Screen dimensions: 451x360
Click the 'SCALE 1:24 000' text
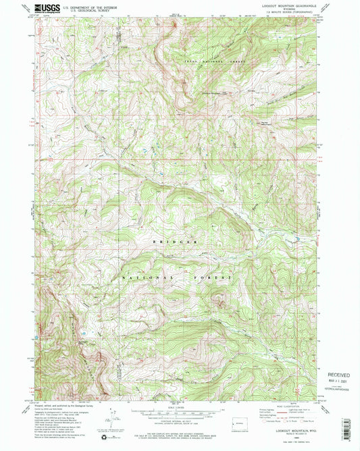(x=180, y=406)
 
